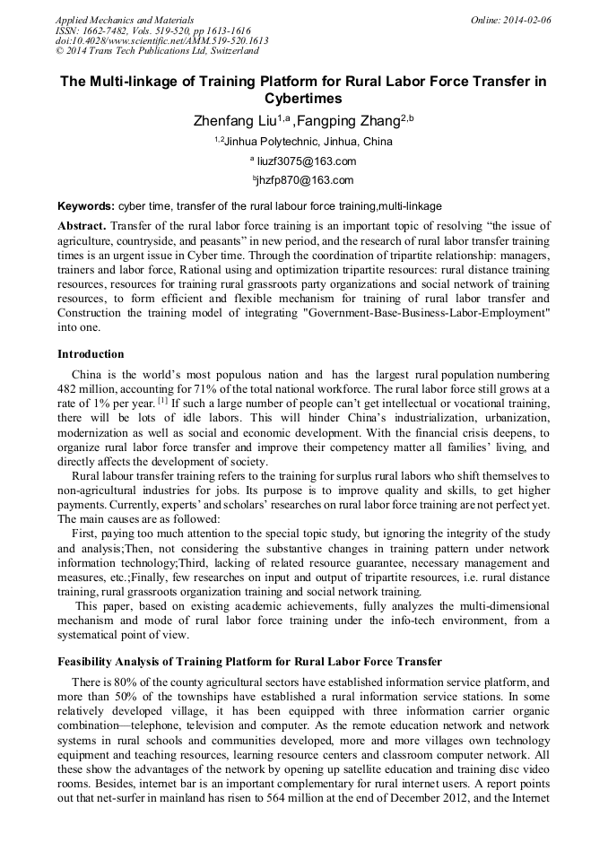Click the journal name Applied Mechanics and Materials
[125, 20]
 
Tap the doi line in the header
[161, 41]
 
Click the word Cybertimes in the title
[303, 99]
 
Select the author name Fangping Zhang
[352, 120]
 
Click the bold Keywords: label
[86, 206]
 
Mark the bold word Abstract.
[82, 226]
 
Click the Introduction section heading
[91, 354]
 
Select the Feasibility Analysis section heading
[249, 662]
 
